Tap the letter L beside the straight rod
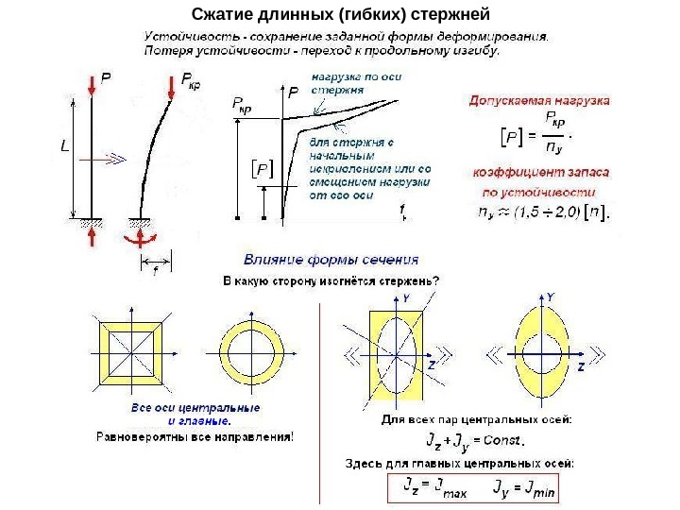tap(63, 147)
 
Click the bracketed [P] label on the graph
tap(261, 169)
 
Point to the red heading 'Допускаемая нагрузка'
tap(539, 99)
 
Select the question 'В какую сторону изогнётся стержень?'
tap(330, 280)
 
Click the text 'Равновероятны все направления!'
tap(195, 436)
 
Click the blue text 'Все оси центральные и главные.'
tap(195, 414)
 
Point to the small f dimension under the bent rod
tap(154, 272)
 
